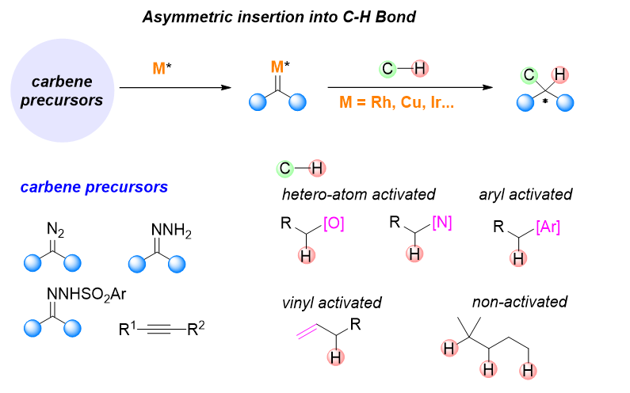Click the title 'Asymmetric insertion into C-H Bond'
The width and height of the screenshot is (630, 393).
coord(279,17)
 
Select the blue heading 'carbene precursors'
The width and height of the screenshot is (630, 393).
coord(94,188)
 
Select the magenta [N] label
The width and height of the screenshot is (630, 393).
coord(440,223)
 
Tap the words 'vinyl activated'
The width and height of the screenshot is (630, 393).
coord(331,303)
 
